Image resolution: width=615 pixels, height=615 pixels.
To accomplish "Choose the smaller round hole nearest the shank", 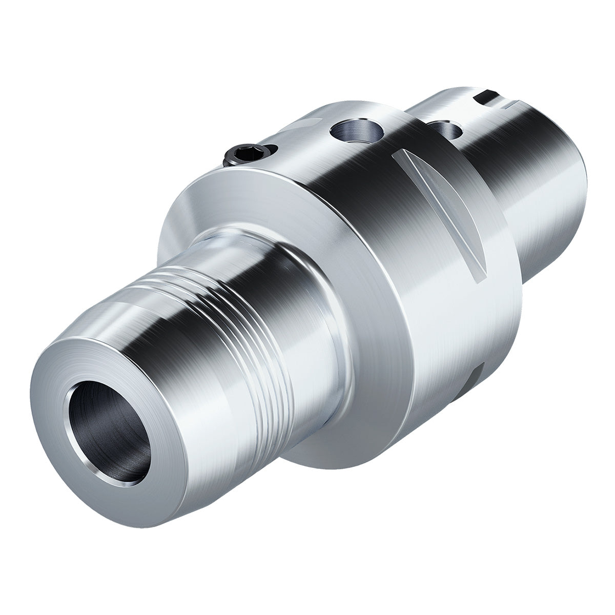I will (445, 130).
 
